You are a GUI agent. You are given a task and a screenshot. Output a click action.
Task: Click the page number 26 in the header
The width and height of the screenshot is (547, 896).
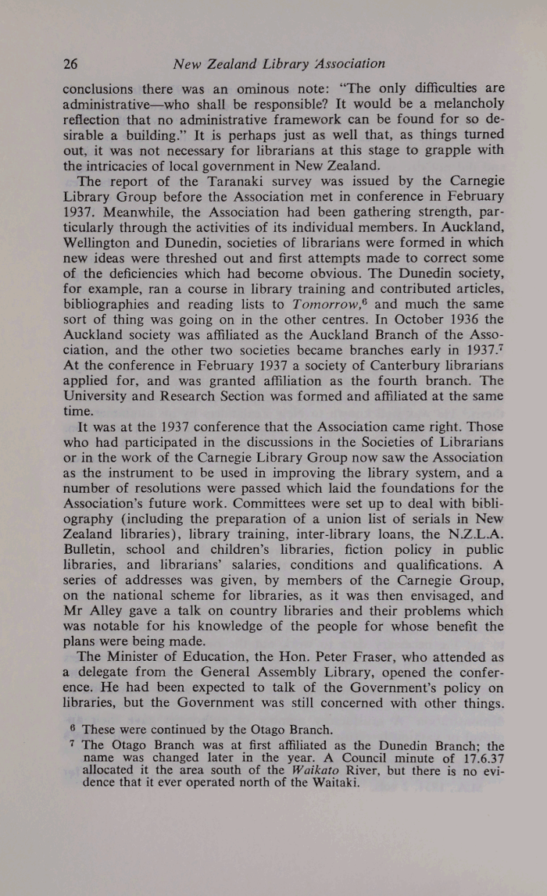pos(73,63)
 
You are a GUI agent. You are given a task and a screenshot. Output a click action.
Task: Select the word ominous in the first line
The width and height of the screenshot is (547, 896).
pos(266,88)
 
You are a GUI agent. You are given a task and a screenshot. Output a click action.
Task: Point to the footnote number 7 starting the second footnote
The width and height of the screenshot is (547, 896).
pos(66,744)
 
